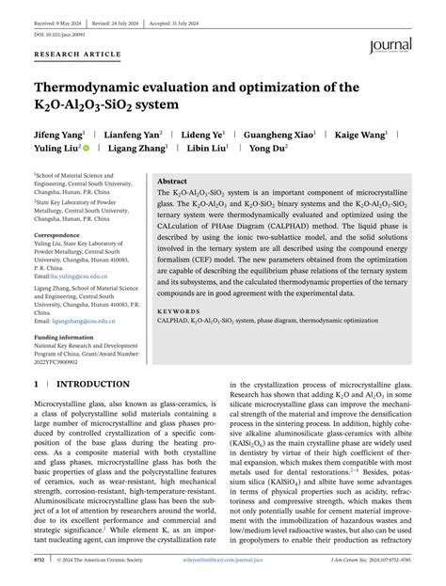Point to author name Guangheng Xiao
tap(279, 134)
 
